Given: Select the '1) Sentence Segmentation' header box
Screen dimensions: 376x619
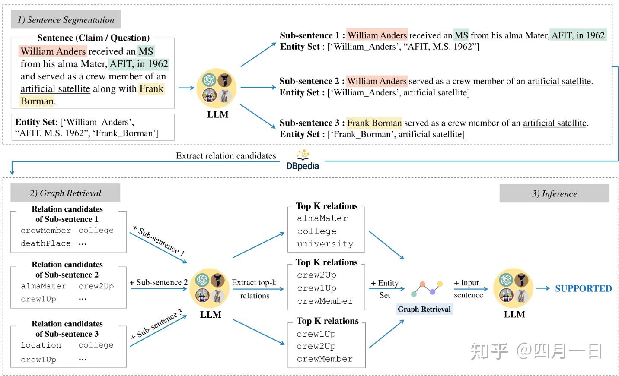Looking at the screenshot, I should tap(66, 20).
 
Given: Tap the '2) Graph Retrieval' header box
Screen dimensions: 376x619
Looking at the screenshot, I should tap(65, 193).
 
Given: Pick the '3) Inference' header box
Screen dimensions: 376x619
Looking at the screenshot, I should tap(554, 193).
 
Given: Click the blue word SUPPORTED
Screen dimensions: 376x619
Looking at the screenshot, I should tap(583, 288).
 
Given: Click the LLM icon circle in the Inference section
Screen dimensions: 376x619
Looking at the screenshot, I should tap(514, 288).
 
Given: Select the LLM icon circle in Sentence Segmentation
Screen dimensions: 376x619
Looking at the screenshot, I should tap(217, 88).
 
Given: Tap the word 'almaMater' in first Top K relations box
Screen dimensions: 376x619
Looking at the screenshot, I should tap(322, 218).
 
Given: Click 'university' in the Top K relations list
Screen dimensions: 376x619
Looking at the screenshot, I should tap(325, 244).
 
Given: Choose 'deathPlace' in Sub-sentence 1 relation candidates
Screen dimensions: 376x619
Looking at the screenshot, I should tap(45, 243).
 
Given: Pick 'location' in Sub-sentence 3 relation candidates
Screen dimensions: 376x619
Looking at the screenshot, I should tap(41, 345).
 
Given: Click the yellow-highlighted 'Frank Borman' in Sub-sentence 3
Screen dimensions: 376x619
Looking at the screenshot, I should tap(374, 123).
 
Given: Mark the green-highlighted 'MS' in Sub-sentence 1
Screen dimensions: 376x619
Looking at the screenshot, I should tap(461, 35).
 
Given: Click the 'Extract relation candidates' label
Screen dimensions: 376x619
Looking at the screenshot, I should tap(226, 156).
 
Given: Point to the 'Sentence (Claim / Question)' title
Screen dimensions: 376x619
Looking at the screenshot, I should tap(93, 38).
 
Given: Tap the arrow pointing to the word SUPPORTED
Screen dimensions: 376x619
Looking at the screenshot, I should tap(543, 288).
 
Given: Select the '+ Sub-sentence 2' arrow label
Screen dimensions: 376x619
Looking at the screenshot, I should tap(159, 282).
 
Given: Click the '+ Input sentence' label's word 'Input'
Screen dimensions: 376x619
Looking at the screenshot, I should tap(469, 283).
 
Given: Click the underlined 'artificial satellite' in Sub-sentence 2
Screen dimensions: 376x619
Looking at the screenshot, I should tap(559, 81).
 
